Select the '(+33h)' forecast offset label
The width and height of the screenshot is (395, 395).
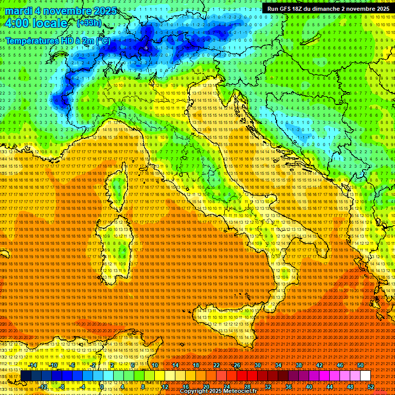(89, 23)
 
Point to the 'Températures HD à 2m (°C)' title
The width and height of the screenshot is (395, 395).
(58, 40)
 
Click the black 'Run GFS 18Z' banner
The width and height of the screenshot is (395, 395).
(328, 8)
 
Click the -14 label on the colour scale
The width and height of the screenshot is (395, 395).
(33, 365)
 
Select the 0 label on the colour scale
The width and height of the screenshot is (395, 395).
(102, 386)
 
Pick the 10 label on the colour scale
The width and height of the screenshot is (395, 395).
(155, 365)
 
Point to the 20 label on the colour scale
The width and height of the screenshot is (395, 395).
(206, 386)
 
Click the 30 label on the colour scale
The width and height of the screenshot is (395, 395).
(257, 365)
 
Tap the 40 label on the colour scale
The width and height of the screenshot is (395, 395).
(309, 386)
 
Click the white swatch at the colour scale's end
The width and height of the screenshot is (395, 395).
(365, 376)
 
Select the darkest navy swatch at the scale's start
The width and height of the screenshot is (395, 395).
(26, 376)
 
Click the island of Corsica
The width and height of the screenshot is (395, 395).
(117, 188)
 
